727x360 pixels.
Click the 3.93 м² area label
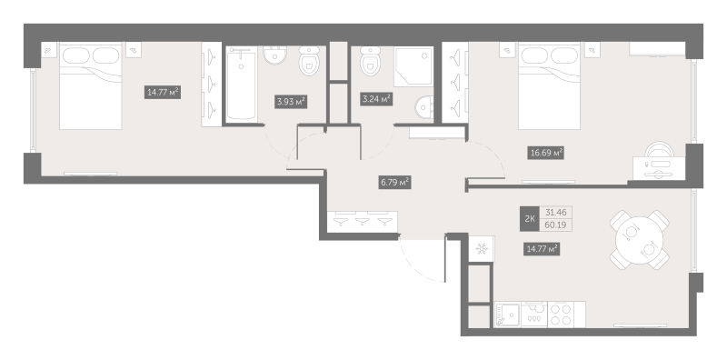point(290,102)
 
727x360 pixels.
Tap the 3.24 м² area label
point(375,98)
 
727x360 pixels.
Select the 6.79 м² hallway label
point(393,182)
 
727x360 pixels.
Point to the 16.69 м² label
point(546,153)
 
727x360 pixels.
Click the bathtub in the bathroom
point(242,87)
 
